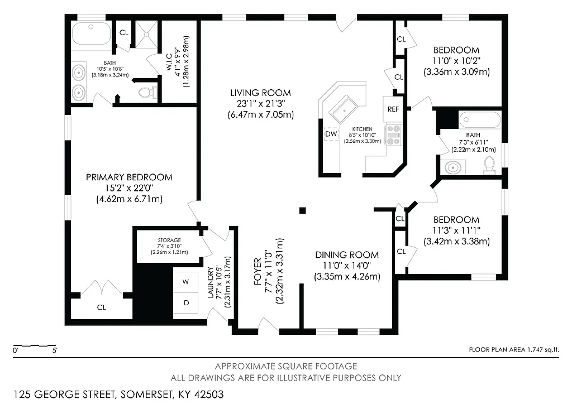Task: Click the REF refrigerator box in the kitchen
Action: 393,109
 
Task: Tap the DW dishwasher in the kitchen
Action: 331,134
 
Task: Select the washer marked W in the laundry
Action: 185,282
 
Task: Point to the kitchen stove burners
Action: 394,136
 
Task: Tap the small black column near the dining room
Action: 302,210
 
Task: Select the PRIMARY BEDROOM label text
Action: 129,177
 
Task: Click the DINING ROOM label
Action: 346,255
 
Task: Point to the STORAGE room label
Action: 169,241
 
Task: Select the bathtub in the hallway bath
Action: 479,119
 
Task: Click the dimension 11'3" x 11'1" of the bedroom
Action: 456,230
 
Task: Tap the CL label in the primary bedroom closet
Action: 101,307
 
